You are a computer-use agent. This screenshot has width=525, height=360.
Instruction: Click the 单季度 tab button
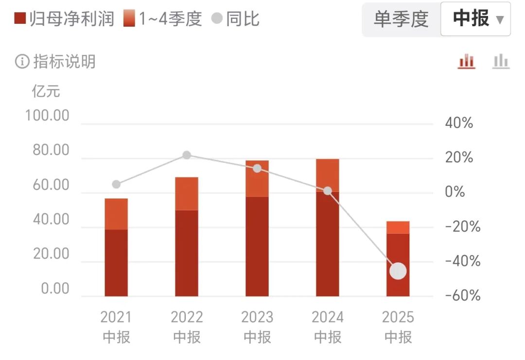(401, 19)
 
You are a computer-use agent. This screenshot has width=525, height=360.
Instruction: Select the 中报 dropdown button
(475, 19)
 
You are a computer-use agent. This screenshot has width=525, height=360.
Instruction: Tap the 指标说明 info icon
(22, 62)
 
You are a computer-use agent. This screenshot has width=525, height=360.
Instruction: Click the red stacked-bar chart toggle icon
(467, 62)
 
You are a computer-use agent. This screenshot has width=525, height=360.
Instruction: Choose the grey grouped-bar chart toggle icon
(501, 62)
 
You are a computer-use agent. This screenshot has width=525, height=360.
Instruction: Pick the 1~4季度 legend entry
(162, 19)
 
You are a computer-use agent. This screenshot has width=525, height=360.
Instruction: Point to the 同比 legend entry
(236, 19)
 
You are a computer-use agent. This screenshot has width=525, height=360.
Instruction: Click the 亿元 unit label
(46, 91)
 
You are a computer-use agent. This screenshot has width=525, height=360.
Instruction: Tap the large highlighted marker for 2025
(398, 271)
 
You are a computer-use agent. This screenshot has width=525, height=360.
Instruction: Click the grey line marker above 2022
(187, 155)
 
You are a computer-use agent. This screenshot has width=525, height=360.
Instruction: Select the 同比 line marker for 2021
(116, 184)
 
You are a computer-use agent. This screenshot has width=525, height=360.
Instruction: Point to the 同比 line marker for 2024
(328, 191)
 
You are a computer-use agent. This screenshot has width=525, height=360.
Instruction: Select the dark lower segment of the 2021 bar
(116, 262)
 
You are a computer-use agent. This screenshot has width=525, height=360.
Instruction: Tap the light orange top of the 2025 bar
(398, 227)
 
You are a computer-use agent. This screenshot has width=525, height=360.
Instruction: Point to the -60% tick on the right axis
(462, 296)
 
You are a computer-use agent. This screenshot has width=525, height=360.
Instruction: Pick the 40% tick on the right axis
(459, 123)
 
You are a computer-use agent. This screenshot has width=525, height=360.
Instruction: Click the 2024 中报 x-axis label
(328, 327)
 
